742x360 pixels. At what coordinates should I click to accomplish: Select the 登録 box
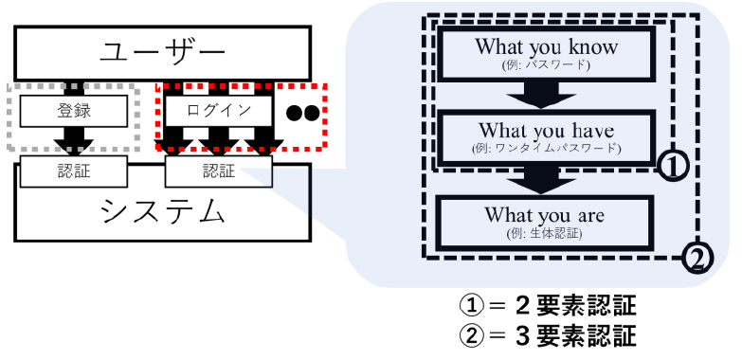[x=73, y=110]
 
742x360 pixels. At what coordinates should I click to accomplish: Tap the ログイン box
[x=218, y=110]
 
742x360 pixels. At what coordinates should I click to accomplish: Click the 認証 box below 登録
[x=73, y=171]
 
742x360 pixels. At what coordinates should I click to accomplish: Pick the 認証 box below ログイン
[x=218, y=171]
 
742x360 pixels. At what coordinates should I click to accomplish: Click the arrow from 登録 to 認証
[x=73, y=138]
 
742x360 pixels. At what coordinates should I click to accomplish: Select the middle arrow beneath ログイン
[x=218, y=139]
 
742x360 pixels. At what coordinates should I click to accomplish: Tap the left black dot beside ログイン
[x=295, y=112]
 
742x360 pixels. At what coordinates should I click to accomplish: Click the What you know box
[x=546, y=52]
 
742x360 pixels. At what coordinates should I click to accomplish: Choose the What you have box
[x=546, y=135]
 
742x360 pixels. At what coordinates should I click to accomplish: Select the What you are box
[x=546, y=220]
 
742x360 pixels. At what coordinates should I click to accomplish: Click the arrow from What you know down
[x=546, y=94]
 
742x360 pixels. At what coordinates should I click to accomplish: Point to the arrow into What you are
[x=546, y=177]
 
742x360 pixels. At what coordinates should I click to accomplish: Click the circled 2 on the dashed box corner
[x=697, y=254]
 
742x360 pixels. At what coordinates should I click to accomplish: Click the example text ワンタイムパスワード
[x=559, y=149]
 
